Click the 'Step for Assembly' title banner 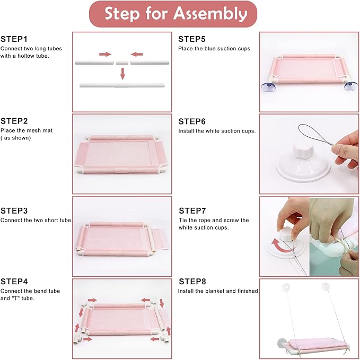[173, 14]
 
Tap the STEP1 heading [14, 39]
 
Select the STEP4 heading [14, 281]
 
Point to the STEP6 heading [192, 121]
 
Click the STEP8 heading [192, 281]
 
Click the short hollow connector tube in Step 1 [122, 63]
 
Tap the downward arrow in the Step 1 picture [122, 74]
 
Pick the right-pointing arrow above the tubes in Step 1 [105, 54]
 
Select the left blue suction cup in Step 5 [268, 87]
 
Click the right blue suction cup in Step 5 [351, 86]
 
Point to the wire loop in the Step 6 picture [314, 134]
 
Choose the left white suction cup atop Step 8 [285, 287]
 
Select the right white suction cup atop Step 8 [326, 286]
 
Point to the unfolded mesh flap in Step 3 [161, 239]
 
